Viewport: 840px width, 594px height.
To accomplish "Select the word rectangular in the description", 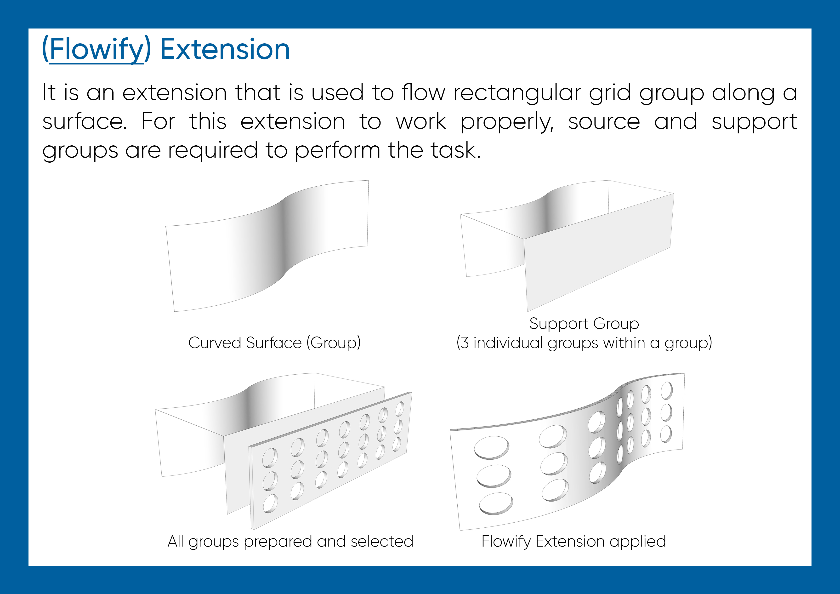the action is tap(517, 93).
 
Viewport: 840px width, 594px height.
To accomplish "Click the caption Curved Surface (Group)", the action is tap(274, 343).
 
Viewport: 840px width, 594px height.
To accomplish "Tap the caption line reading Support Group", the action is tap(584, 324).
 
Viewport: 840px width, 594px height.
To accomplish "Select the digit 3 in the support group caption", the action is tap(465, 343).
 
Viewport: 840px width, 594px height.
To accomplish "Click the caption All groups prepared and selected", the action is tap(290, 542).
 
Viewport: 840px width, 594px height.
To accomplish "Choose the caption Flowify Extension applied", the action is tap(573, 542).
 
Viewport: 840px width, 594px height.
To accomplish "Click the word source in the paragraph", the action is tap(604, 122).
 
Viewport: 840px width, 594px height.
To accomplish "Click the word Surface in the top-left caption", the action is tap(274, 343).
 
